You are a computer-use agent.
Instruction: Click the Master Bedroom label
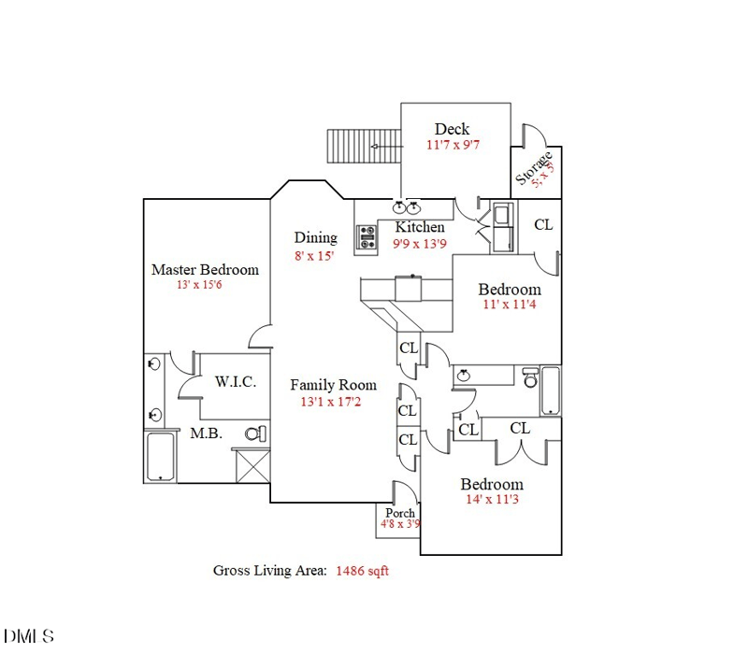205,270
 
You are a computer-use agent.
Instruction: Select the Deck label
452,129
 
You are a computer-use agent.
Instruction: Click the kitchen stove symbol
365,240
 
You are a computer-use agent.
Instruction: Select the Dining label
315,237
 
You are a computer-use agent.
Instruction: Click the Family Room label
333,385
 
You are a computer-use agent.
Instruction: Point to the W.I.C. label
236,382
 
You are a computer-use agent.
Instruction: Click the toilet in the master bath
255,433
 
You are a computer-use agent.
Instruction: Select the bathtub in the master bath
162,456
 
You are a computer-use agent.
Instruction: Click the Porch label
400,513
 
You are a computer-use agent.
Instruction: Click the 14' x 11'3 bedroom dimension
492,501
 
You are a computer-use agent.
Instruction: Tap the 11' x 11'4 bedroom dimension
510,305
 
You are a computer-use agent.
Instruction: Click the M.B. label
205,433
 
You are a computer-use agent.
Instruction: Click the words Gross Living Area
269,571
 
